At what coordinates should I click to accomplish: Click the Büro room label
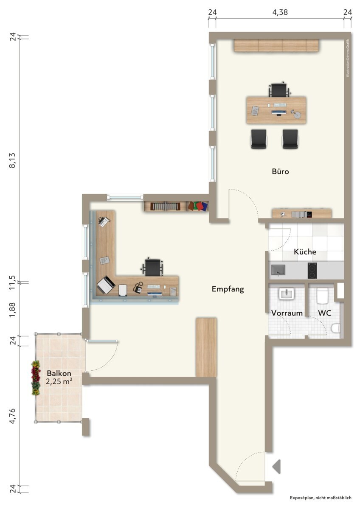click(x=280, y=171)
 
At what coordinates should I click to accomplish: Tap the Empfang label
click(x=228, y=289)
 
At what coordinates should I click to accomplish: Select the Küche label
click(x=305, y=252)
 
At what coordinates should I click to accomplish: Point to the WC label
click(x=324, y=313)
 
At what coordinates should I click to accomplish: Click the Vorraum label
click(x=287, y=313)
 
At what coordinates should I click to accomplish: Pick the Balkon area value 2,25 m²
click(x=59, y=381)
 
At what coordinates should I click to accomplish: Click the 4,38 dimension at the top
click(x=280, y=12)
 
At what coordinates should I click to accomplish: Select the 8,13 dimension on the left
click(x=12, y=160)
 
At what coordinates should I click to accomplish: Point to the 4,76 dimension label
click(x=12, y=416)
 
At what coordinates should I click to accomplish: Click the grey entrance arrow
click(x=276, y=467)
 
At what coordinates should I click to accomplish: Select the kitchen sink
click(x=278, y=271)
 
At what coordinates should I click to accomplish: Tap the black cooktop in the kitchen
click(x=312, y=271)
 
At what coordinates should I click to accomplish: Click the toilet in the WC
click(x=335, y=328)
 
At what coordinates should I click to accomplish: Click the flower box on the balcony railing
click(x=36, y=378)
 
